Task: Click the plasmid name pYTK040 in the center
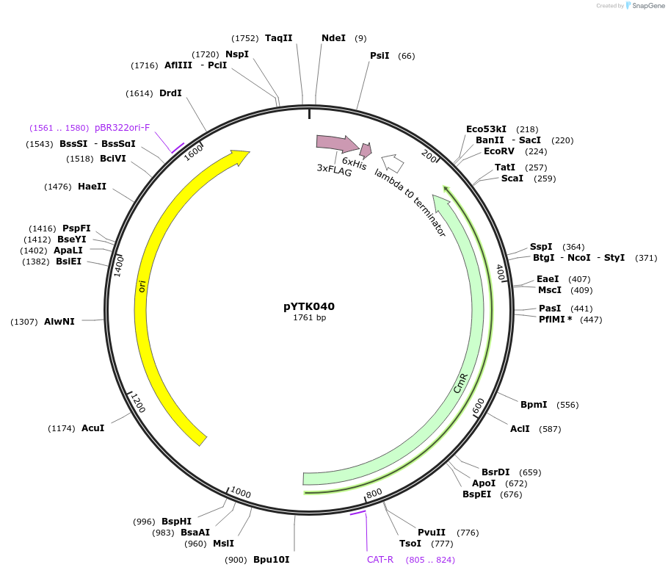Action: tap(309, 306)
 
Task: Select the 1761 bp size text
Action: tap(309, 318)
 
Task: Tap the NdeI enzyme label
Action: tap(333, 38)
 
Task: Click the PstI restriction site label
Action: tap(380, 56)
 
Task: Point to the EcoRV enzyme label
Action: tap(504, 151)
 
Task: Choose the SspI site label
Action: tap(541, 247)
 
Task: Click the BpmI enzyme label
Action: tap(534, 405)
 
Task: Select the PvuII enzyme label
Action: tap(432, 533)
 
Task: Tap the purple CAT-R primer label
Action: tap(380, 560)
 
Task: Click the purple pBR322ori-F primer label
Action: tap(122, 128)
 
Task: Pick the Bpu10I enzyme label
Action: tap(271, 560)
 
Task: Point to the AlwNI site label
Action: tap(59, 322)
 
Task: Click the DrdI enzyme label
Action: tap(170, 93)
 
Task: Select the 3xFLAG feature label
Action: tap(334, 168)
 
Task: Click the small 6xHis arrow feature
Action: tap(366, 150)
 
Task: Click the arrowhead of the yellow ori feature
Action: tap(241, 156)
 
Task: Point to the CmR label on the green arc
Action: tap(460, 384)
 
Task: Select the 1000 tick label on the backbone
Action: tap(241, 492)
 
